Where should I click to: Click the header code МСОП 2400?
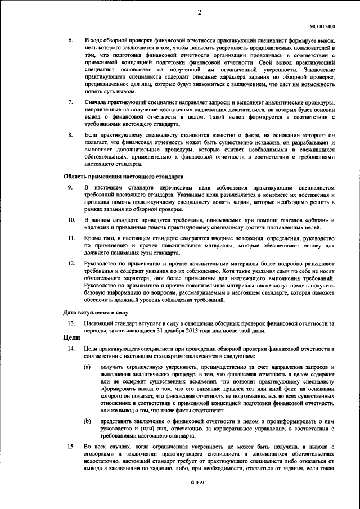322,26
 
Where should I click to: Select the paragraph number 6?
70,42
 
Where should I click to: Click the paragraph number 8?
70,135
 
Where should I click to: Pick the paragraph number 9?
70,186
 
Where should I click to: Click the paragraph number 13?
71,323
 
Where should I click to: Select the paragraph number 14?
71,350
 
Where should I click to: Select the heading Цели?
70,339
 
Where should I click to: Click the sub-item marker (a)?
88,367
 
